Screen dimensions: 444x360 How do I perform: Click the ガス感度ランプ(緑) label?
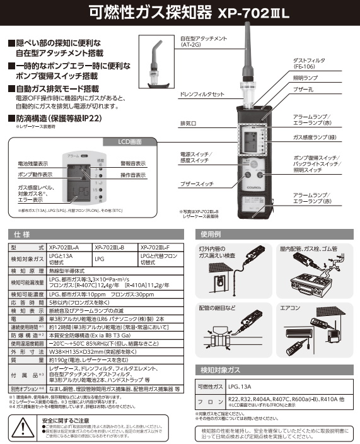click(317, 136)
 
